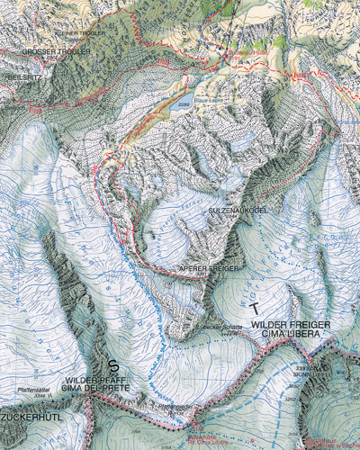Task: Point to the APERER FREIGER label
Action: [210, 268]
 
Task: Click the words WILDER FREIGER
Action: [291, 323]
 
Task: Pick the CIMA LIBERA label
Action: [291, 334]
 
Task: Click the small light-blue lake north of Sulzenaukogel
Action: [242, 141]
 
